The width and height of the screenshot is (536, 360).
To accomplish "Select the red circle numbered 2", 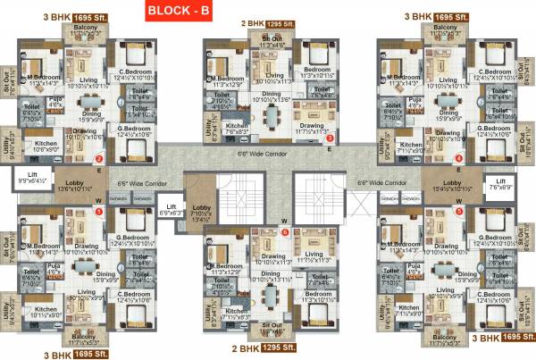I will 99,160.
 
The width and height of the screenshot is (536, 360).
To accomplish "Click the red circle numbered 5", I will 458,212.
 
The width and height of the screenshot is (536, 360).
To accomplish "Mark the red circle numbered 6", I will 284,231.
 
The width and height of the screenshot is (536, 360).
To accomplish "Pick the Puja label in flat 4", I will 413,102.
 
